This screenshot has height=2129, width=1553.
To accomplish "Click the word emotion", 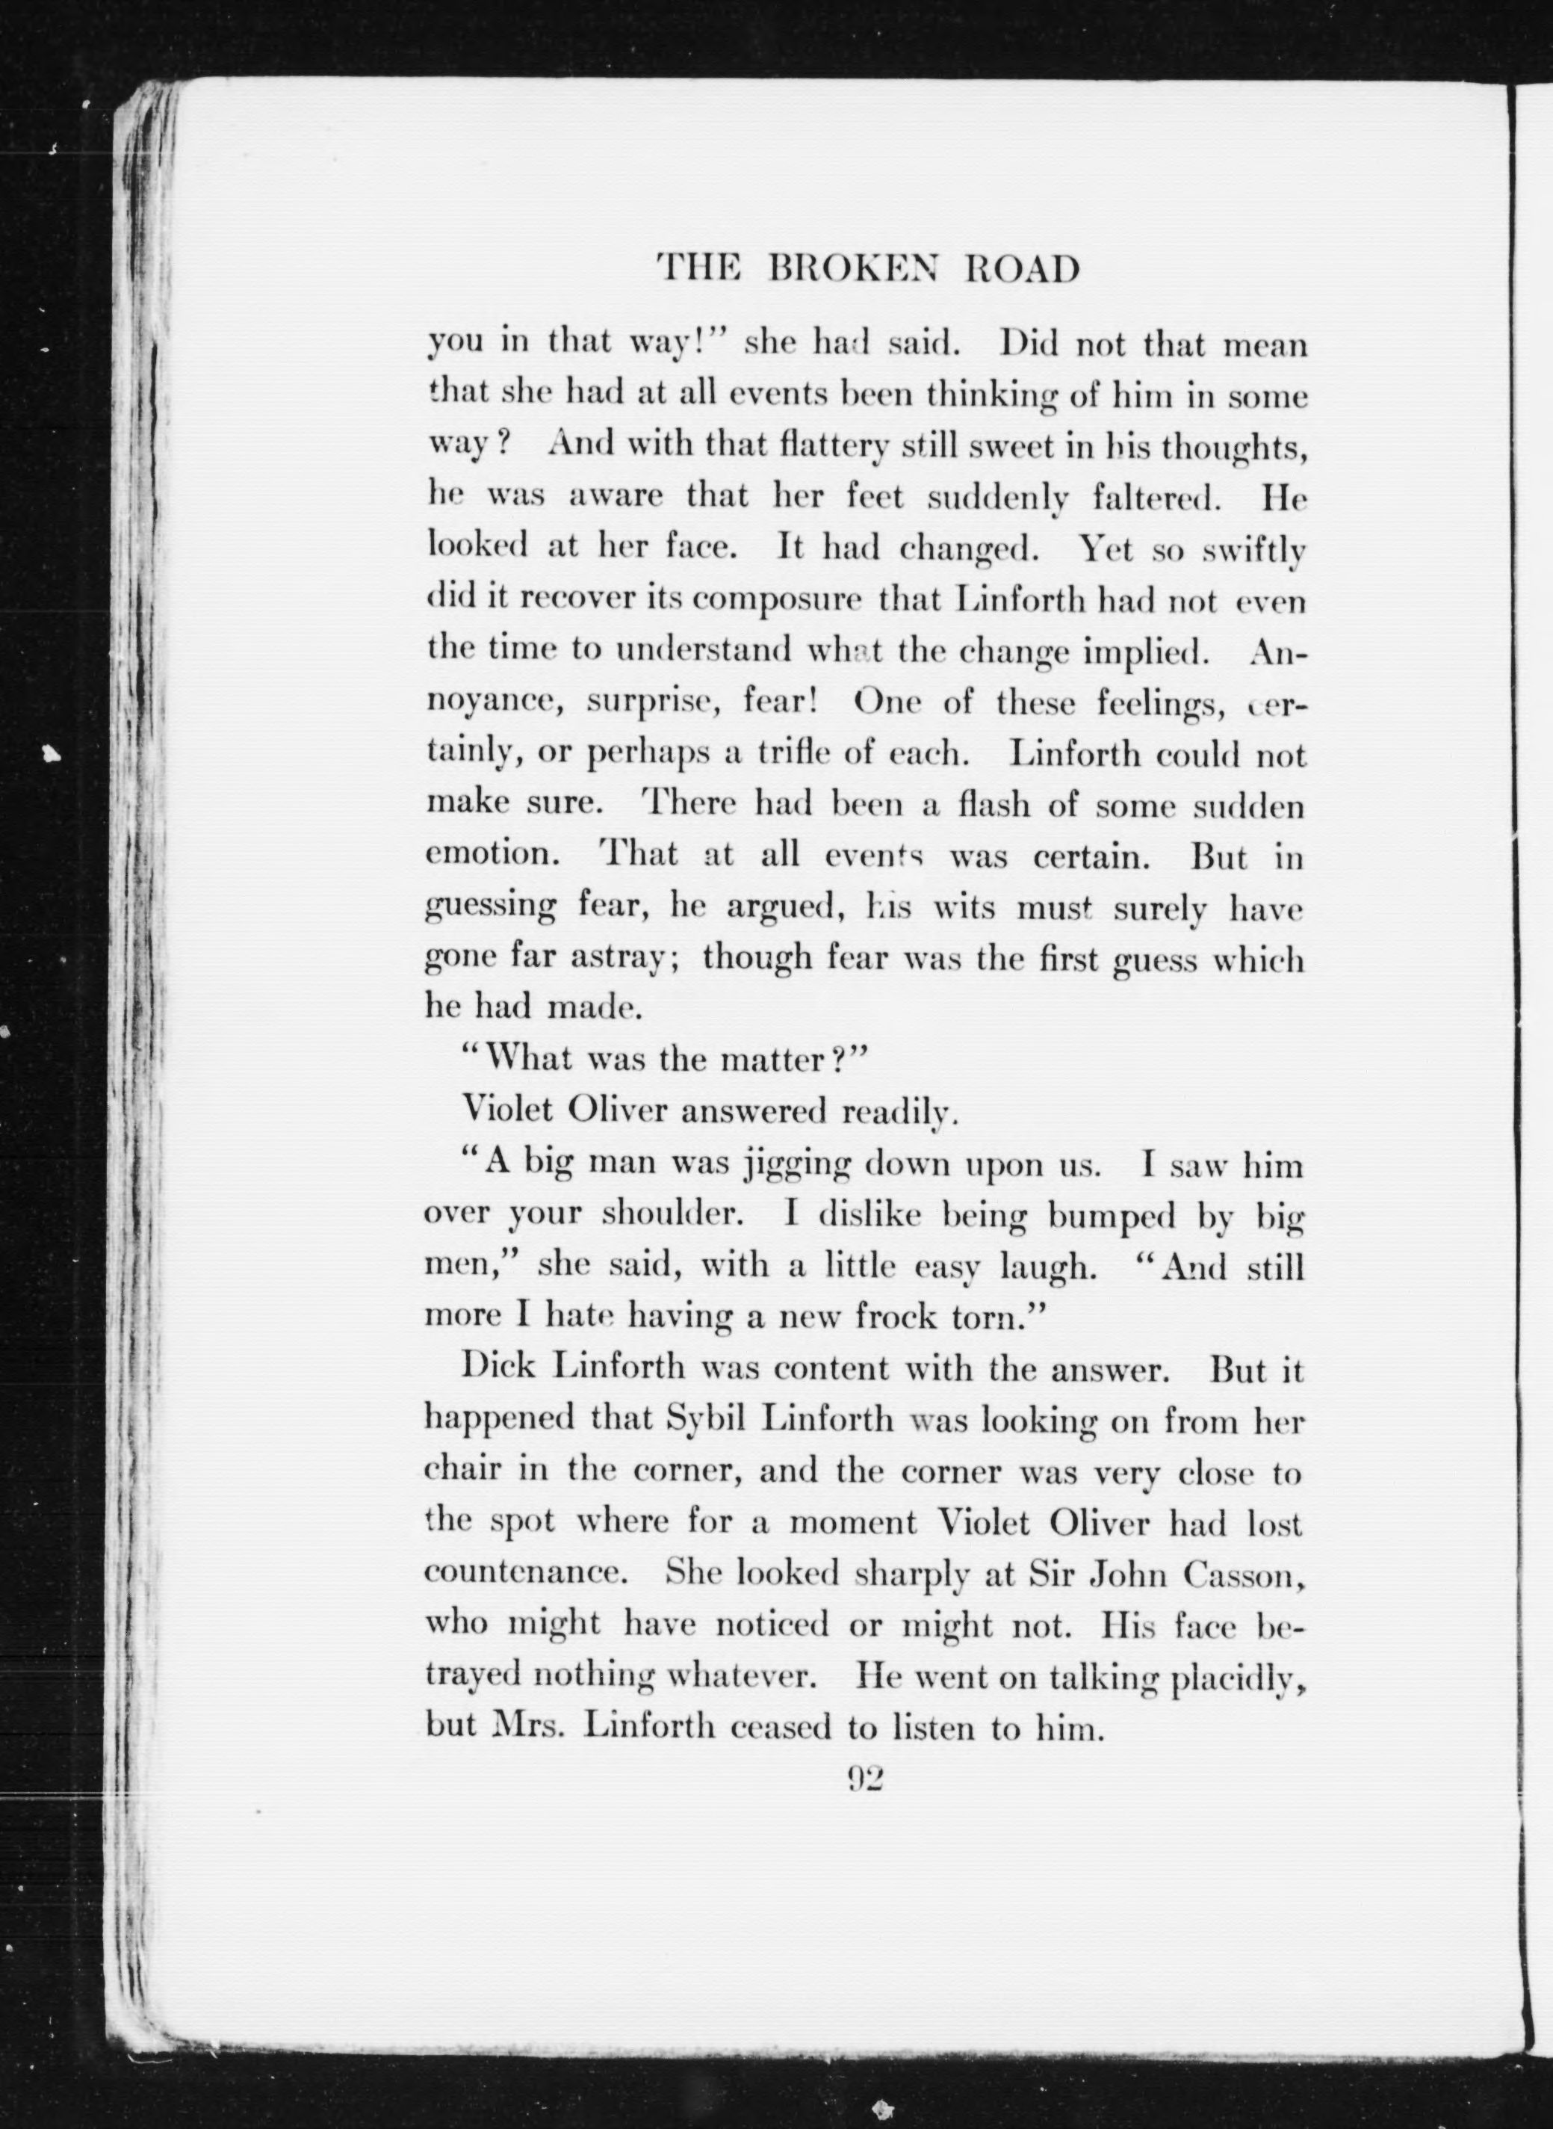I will coord(489,855).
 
